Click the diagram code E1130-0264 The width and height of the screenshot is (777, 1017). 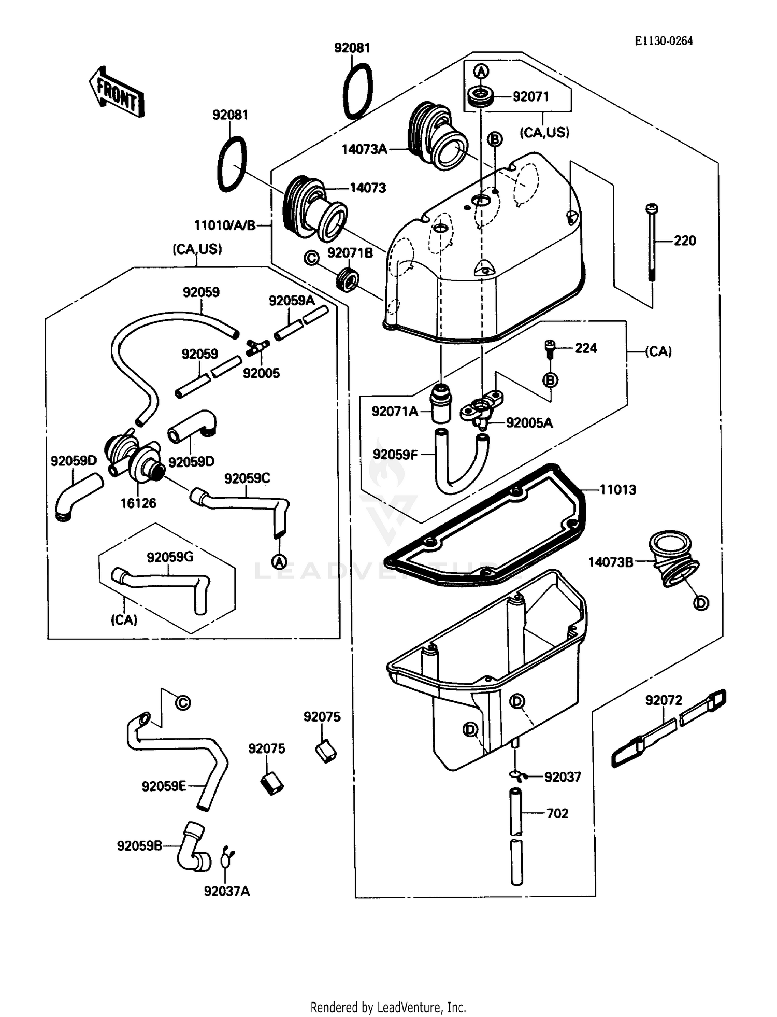[x=664, y=41]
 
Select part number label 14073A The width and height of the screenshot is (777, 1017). [x=364, y=149]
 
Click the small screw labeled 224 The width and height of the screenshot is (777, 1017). [x=550, y=348]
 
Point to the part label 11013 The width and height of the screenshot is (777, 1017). [x=617, y=489]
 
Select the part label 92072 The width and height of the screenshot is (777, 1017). [x=664, y=700]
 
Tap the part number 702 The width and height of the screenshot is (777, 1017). [x=557, y=813]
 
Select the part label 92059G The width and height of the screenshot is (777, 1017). [x=170, y=557]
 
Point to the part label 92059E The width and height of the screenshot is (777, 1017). [x=164, y=786]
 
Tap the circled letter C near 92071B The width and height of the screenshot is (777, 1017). [x=311, y=258]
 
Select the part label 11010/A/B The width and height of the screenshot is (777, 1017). [x=225, y=225]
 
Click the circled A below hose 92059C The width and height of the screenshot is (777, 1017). [x=279, y=561]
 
